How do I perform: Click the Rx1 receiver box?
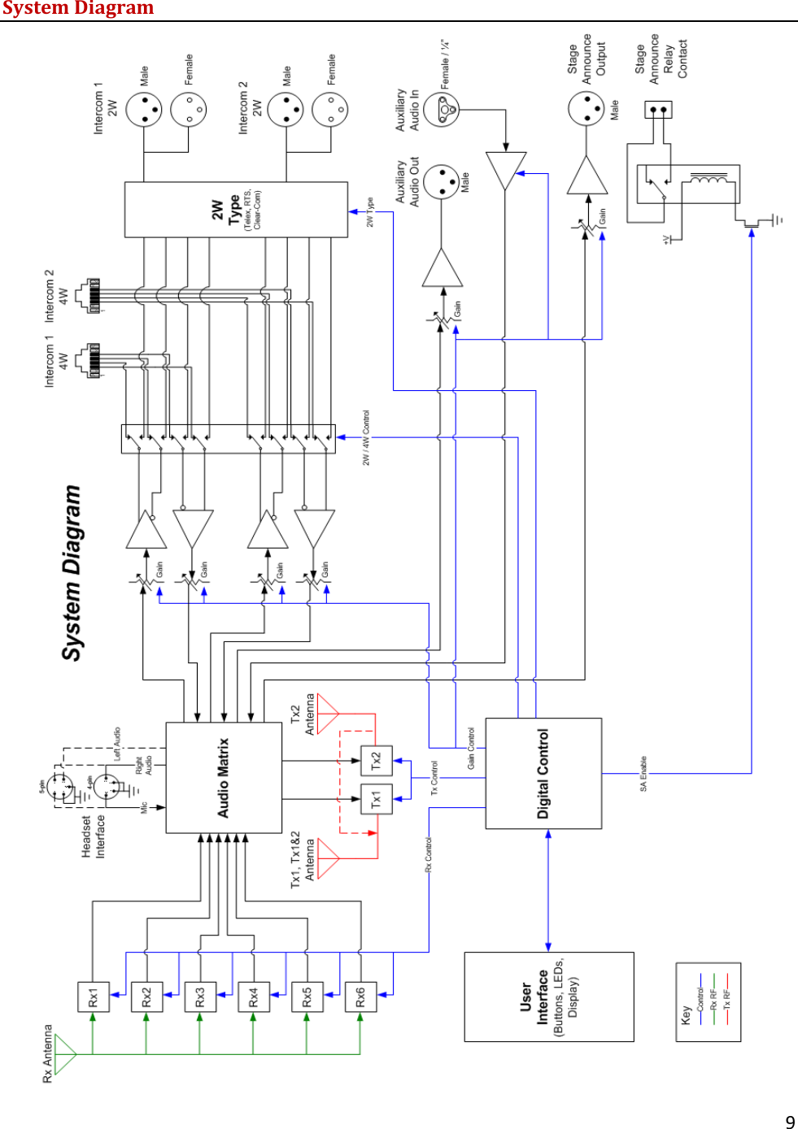point(93,997)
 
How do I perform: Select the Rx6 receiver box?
point(360,997)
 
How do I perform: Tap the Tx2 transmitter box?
point(376,761)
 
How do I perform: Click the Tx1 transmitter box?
point(376,799)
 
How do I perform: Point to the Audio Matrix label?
point(224,778)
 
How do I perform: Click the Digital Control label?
point(543,773)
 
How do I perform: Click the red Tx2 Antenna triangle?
point(327,714)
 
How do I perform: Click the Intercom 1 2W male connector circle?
point(144,110)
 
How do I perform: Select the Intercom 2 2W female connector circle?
point(330,110)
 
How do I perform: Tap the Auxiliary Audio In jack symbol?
point(442,110)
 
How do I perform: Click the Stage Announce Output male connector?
point(586,108)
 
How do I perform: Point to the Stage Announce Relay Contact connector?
point(658,109)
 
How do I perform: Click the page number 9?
point(790,1122)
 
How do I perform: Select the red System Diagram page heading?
point(78,9)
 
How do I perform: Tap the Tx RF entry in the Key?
point(726,999)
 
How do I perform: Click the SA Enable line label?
point(643,773)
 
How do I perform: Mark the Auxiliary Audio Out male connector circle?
point(442,182)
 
